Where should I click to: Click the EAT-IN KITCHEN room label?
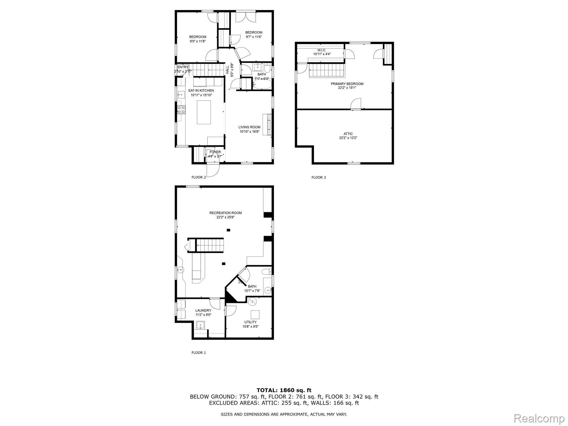201,90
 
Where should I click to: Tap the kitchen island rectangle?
204,112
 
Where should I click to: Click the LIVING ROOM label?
249,127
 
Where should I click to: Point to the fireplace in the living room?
267,124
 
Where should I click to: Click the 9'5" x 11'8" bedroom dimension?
198,41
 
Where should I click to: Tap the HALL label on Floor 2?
227,70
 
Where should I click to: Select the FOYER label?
215,152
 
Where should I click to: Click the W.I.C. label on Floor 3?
322,50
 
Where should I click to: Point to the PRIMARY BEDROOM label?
347,84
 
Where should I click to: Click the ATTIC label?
348,134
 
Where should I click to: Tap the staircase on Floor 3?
327,70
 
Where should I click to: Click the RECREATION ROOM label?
225,213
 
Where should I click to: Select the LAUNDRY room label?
203,310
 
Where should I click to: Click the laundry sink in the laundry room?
200,325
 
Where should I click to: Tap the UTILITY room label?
250,322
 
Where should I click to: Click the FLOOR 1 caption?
199,353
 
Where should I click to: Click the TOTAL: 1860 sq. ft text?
284,390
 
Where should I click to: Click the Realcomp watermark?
539,418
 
